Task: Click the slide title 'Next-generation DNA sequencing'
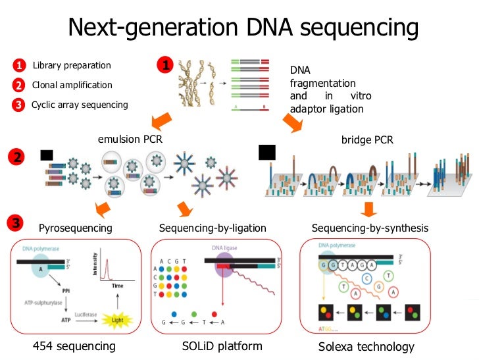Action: [243, 28]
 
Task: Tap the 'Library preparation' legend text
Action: [72, 65]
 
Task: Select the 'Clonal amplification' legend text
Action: [72, 85]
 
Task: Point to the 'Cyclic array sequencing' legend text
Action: [80, 105]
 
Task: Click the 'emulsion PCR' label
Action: [130, 140]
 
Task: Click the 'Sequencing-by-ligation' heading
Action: [213, 228]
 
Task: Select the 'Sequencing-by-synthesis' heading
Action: [370, 228]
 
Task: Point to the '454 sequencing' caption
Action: [74, 346]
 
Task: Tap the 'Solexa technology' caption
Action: [366, 347]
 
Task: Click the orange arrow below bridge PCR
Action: [370, 209]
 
